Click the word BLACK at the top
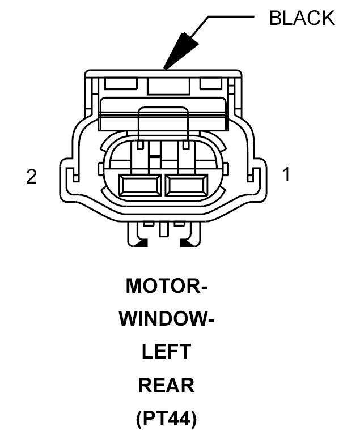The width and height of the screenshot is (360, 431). pyautogui.click(x=302, y=18)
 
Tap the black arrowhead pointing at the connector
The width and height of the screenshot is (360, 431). pyautogui.click(x=180, y=52)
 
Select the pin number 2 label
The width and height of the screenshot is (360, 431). pyautogui.click(x=31, y=177)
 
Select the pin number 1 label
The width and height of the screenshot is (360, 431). pyautogui.click(x=286, y=174)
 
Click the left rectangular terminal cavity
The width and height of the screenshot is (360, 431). pyautogui.click(x=140, y=185)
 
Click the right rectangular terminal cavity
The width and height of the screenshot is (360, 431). pyautogui.click(x=187, y=185)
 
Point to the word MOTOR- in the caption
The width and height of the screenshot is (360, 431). pyautogui.click(x=166, y=286)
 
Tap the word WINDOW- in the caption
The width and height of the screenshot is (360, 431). pyautogui.click(x=167, y=319)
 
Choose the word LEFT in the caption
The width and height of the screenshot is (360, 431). pyautogui.click(x=167, y=351)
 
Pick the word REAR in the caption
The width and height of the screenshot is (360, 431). pyautogui.click(x=167, y=385)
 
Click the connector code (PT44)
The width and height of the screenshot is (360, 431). pyautogui.click(x=167, y=419)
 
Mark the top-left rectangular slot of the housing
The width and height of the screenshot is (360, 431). pyautogui.click(x=121, y=83)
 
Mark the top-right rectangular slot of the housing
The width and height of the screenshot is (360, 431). pyautogui.click(x=211, y=83)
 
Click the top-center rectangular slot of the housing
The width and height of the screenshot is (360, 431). pyautogui.click(x=169, y=86)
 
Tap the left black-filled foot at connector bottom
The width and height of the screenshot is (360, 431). pyautogui.click(x=142, y=243)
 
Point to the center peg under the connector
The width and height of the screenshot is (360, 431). pyautogui.click(x=164, y=229)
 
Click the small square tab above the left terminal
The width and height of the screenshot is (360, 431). pyautogui.click(x=141, y=144)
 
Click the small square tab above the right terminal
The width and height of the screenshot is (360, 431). pyautogui.click(x=187, y=144)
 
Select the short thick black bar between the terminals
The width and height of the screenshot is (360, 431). pyautogui.click(x=154, y=156)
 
